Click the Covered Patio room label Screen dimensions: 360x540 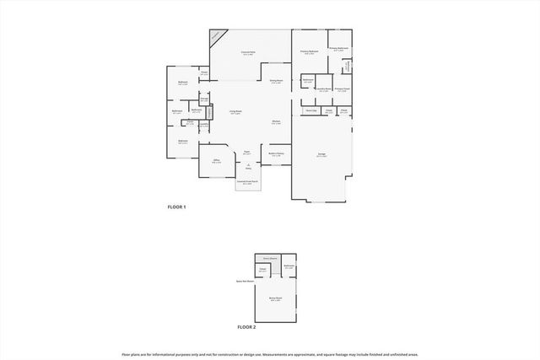pyautogui.click(x=249, y=53)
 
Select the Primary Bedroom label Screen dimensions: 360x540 pyautogui.click(x=309, y=52)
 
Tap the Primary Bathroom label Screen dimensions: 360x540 pyautogui.click(x=337, y=49)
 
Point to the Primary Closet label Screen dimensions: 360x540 pyautogui.click(x=342, y=89)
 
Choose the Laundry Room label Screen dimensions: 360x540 pyautogui.click(x=323, y=89)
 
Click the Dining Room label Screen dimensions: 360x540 pyautogui.click(x=276, y=81)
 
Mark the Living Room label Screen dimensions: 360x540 pyautogui.click(x=235, y=111)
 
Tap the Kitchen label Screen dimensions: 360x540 pyautogui.click(x=276, y=122)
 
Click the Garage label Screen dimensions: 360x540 pyautogui.click(x=321, y=155)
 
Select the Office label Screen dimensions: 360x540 pyautogui.click(x=216, y=160)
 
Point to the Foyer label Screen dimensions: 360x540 pyautogui.click(x=247, y=153)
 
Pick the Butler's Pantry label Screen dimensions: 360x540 pyautogui.click(x=277, y=154)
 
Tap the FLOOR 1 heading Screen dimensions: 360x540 pyautogui.click(x=175, y=207)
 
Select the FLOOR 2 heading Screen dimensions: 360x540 pyautogui.click(x=246, y=326)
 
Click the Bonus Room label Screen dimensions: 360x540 pyautogui.click(x=275, y=298)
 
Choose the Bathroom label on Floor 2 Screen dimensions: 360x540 pyautogui.click(x=289, y=266)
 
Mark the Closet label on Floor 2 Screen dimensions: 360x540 pyautogui.click(x=263, y=269)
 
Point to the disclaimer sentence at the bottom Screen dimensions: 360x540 pyautogui.click(x=270, y=354)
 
